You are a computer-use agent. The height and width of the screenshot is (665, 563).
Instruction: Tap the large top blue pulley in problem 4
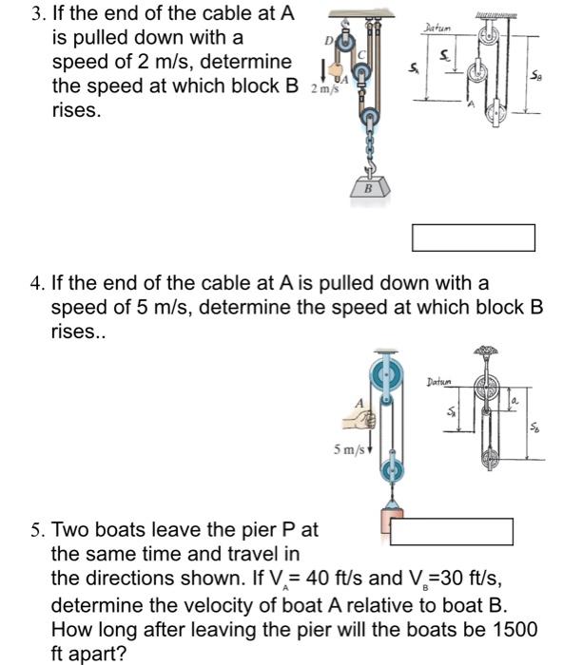coord(390,375)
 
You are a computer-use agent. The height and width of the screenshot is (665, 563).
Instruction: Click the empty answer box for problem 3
coord(473,237)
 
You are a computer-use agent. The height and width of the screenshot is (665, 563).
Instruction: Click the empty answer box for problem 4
coord(452,530)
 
